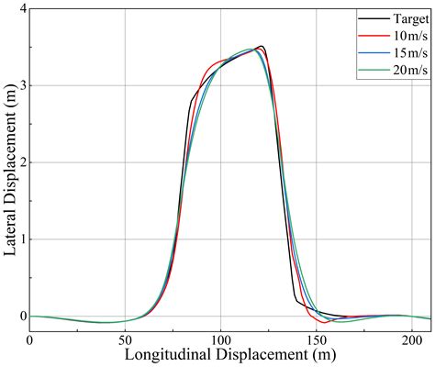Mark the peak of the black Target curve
point(262,46)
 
